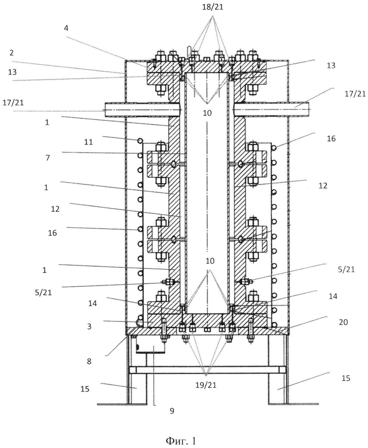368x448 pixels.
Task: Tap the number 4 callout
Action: [x=67, y=28]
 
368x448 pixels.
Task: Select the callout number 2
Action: [x=11, y=52]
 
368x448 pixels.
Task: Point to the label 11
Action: [x=88, y=141]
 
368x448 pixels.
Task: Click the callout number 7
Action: [x=48, y=158]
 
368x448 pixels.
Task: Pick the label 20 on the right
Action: [x=343, y=322]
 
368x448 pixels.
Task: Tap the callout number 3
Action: [x=89, y=326]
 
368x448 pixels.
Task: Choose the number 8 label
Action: [x=89, y=361]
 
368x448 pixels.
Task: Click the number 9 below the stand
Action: [x=172, y=411]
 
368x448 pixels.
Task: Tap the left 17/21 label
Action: [x=13, y=102]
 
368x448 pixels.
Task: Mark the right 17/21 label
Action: [x=355, y=93]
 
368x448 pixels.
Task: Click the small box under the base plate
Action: [x=151, y=345]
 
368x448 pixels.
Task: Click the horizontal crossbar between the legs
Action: [x=207, y=370]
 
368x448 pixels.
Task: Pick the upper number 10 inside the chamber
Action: [x=207, y=113]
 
